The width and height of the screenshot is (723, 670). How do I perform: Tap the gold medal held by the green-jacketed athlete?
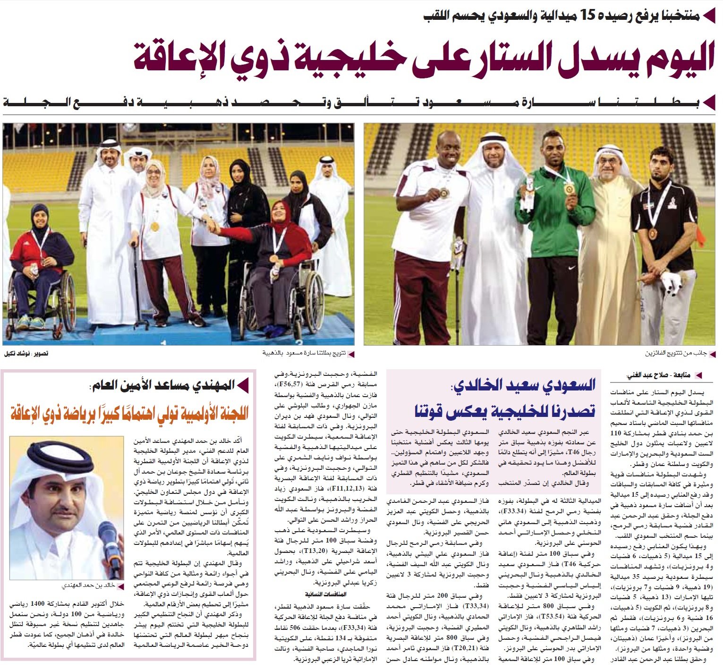pos(569,189)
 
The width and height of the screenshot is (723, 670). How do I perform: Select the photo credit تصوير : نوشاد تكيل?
pos(26,353)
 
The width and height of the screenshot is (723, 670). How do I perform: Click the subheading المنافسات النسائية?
pos(326,594)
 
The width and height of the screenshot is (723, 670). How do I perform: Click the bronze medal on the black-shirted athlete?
pos(653,233)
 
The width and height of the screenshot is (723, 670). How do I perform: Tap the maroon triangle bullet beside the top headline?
pos(708,16)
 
